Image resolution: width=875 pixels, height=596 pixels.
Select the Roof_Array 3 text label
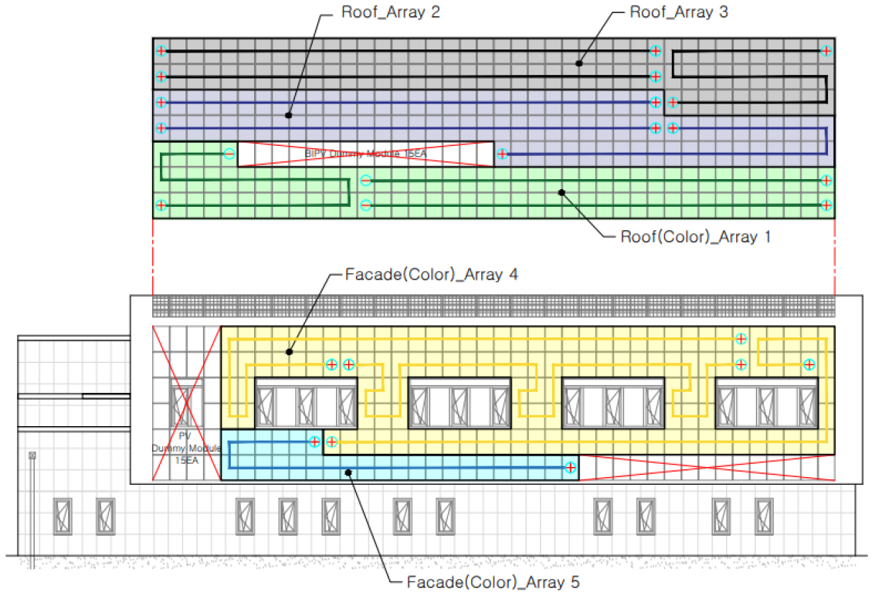pyautogui.click(x=678, y=12)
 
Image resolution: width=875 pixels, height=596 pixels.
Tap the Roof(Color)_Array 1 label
pyautogui.click(x=695, y=237)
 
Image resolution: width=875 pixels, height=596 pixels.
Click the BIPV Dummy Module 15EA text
pyautogui.click(x=365, y=154)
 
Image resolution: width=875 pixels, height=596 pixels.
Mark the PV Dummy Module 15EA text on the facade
pyautogui.click(x=186, y=448)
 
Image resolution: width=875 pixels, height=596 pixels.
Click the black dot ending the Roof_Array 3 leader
pyautogui.click(x=578, y=63)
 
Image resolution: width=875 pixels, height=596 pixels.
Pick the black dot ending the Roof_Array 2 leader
pyautogui.click(x=288, y=115)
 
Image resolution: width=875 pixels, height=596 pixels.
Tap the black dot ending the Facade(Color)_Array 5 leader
pyautogui.click(x=350, y=472)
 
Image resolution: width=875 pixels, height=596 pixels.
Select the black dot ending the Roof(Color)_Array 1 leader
pyautogui.click(x=562, y=191)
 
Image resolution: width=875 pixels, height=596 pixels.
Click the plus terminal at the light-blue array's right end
pyautogui.click(x=570, y=467)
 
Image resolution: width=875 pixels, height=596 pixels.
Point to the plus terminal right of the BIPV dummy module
pyautogui.click(x=503, y=154)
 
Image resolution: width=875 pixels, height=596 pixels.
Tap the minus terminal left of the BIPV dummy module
pyautogui.click(x=229, y=154)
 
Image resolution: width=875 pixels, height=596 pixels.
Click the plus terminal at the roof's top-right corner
pyautogui.click(x=826, y=51)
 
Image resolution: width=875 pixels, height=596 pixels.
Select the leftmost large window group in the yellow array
pyautogui.click(x=306, y=401)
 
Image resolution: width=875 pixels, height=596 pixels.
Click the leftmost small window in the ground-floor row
pyautogui.click(x=63, y=516)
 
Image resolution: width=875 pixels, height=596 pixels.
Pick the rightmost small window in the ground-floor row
pyautogui.click(x=764, y=516)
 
